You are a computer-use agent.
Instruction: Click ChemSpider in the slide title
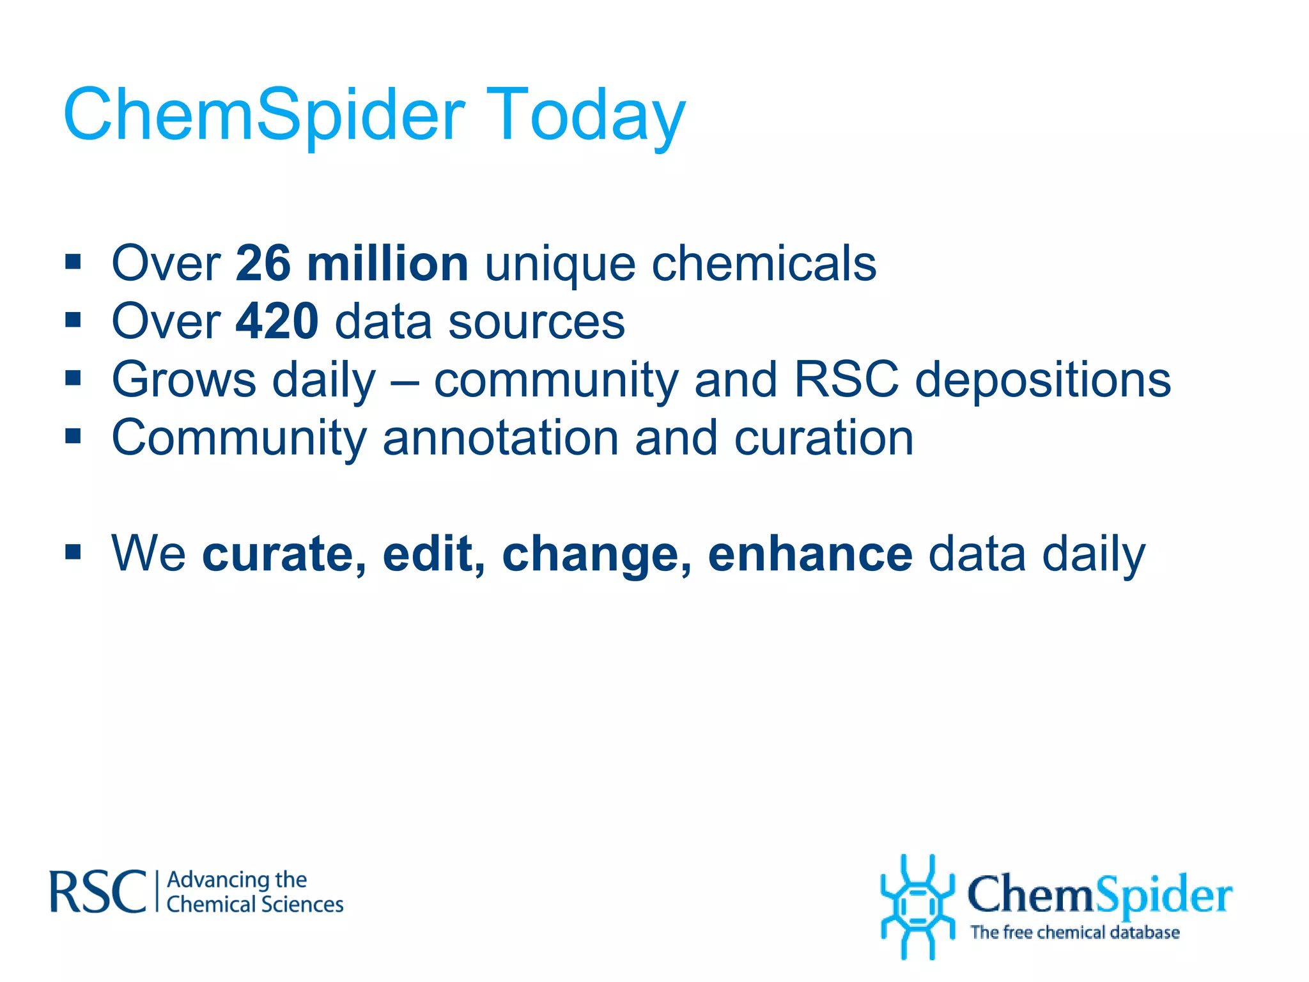pos(264,115)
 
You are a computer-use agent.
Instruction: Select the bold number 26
pos(263,263)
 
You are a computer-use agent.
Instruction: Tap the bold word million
pos(387,263)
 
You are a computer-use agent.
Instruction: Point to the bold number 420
pos(277,321)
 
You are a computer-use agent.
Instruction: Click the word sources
pos(536,322)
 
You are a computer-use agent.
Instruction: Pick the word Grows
pos(184,380)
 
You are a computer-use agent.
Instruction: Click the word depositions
pos(1043,380)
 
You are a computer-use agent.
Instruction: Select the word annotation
pos(500,438)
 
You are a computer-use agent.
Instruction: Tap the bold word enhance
pos(810,554)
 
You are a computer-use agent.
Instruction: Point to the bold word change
pos(596,554)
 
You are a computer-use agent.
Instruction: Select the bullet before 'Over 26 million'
pos(73,261)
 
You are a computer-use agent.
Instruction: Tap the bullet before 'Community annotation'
pos(73,436)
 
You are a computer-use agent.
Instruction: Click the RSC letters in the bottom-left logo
pos(98,891)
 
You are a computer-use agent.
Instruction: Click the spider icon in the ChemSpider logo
pos(917,906)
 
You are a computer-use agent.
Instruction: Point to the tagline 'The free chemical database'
pos(1074,933)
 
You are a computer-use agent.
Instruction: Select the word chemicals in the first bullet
pos(764,263)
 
